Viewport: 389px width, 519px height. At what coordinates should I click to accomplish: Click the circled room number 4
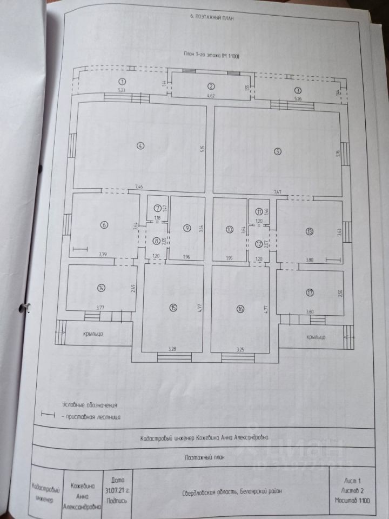click(x=139, y=145)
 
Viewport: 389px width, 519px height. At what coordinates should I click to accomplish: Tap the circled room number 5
click(x=277, y=151)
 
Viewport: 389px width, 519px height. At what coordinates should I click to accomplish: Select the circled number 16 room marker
click(x=240, y=308)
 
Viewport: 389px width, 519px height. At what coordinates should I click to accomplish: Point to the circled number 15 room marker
click(x=173, y=308)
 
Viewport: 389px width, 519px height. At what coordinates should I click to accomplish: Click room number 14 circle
click(x=101, y=288)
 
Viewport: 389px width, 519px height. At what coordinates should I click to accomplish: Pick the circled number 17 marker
click(x=309, y=293)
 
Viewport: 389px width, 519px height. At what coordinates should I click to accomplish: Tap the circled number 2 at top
click(x=212, y=86)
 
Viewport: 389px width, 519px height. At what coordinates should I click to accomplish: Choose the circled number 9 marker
click(x=186, y=228)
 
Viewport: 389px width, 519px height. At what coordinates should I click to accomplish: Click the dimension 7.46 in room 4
click(x=139, y=187)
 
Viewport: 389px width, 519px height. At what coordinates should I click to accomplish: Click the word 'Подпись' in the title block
click(x=118, y=500)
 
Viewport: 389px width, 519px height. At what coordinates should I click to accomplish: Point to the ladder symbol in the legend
click(x=49, y=415)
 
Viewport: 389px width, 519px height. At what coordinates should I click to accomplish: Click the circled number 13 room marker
click(x=309, y=231)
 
